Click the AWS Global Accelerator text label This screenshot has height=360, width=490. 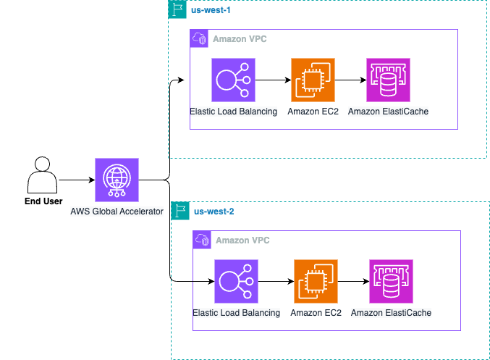point(117,212)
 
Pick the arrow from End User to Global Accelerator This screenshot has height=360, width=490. point(77,180)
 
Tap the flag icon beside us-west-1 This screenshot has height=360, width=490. point(177,9)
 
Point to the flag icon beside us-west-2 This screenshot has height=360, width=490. point(180,211)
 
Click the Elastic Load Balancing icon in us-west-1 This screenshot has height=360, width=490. point(234,80)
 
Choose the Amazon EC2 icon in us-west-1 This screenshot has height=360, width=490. point(313,80)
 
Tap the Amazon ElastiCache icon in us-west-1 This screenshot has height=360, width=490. point(388,80)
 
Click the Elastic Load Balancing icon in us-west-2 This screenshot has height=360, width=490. point(237,281)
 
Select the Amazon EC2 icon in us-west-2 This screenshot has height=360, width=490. point(316,281)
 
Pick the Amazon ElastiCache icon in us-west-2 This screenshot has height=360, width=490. point(391,281)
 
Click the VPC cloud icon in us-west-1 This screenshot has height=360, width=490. point(198,38)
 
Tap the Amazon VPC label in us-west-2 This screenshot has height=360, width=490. point(242,240)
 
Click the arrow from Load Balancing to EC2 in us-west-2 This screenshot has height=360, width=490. point(276,281)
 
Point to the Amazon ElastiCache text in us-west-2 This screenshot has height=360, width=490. point(391,313)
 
